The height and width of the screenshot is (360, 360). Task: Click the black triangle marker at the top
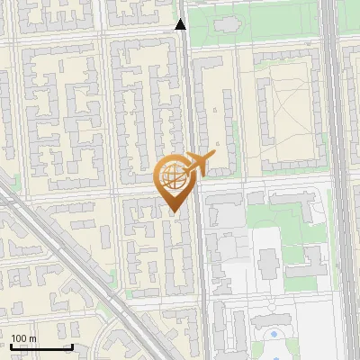click(x=181, y=24)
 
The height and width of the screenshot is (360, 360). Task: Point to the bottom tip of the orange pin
click(x=174, y=212)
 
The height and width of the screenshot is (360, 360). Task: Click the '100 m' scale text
click(x=24, y=337)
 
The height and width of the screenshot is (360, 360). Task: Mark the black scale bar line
click(x=41, y=346)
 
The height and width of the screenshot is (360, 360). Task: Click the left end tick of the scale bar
click(x=12, y=345)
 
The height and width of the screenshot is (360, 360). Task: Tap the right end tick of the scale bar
click(x=72, y=345)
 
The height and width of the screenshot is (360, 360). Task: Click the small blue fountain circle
click(x=274, y=335)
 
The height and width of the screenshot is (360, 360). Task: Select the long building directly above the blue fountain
click(x=270, y=319)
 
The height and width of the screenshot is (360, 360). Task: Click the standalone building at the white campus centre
click(x=268, y=264)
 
